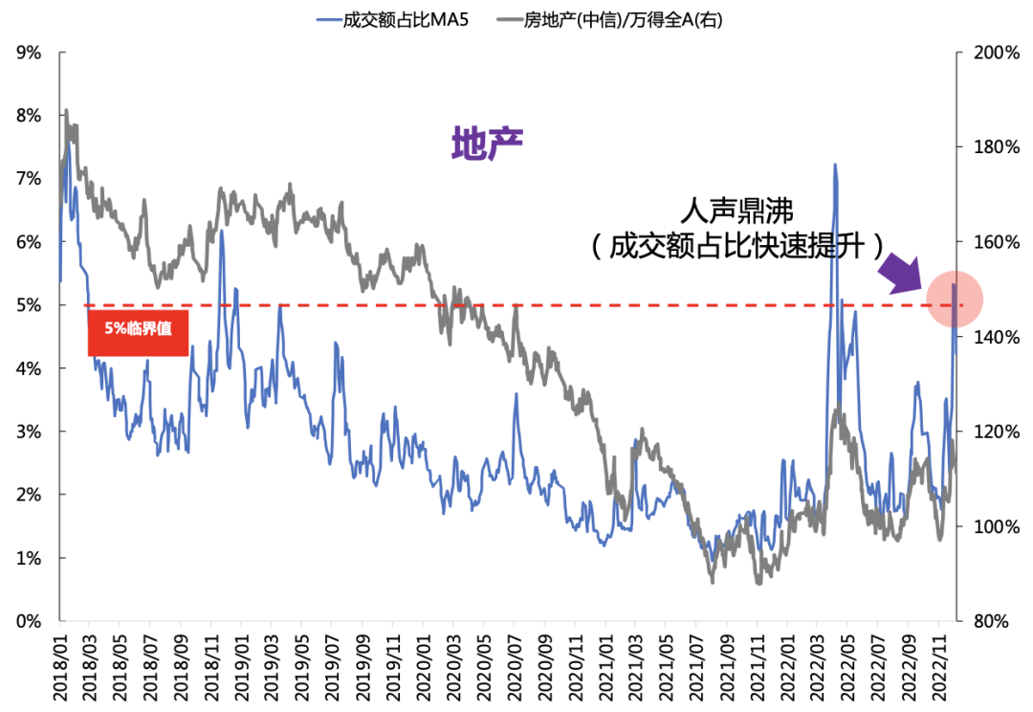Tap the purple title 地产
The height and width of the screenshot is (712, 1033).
(x=487, y=144)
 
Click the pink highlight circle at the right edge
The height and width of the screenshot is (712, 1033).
(x=954, y=300)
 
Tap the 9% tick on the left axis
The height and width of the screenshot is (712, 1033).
(x=30, y=53)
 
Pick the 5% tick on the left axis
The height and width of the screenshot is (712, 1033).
(x=30, y=305)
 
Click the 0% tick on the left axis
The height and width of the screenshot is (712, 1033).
(x=30, y=621)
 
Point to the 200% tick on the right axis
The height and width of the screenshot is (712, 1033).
(x=995, y=53)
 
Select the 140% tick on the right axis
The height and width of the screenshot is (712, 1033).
(x=995, y=337)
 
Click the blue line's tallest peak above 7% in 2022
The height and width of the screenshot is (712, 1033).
(x=835, y=165)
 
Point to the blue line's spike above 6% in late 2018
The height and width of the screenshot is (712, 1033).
(x=221, y=231)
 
